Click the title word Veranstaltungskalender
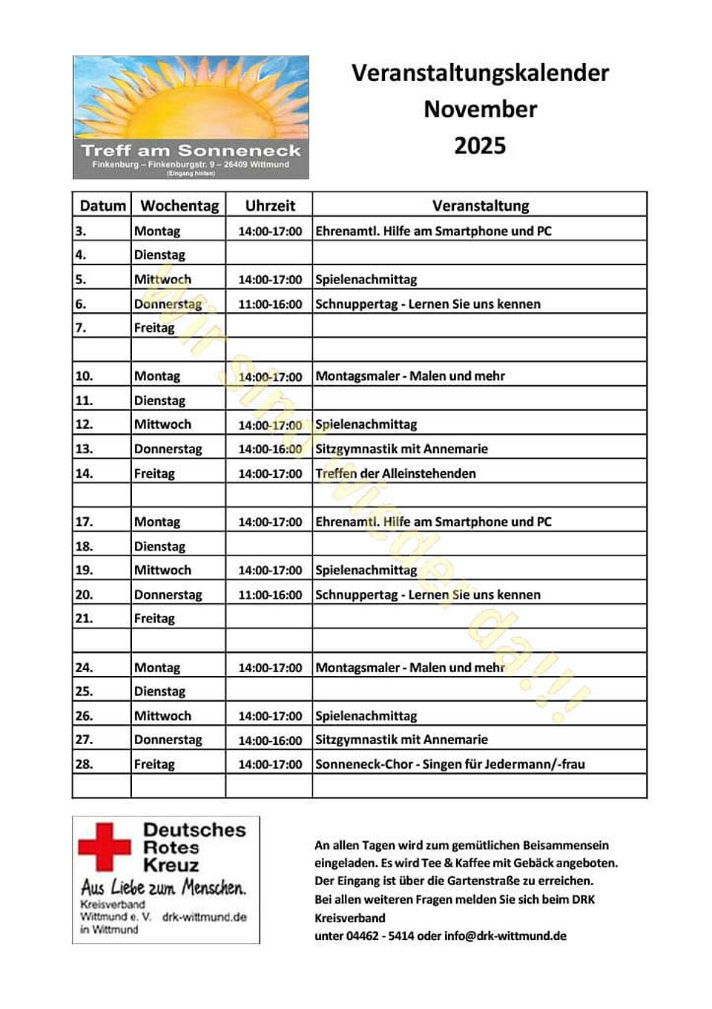click(480, 73)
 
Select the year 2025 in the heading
click(480, 145)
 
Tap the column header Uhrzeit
click(270, 206)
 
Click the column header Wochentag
click(179, 206)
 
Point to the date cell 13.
click(84, 449)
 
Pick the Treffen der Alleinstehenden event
click(395, 473)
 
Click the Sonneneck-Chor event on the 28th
click(449, 764)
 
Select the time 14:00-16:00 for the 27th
click(270, 740)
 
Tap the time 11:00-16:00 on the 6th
click(270, 304)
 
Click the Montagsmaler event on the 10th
click(410, 376)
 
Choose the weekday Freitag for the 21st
click(154, 619)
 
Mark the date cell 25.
click(84, 691)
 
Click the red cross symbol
click(105, 847)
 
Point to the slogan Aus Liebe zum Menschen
click(163, 887)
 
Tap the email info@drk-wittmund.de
click(505, 936)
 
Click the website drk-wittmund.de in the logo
click(204, 917)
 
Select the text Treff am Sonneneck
click(191, 151)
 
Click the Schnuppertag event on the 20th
click(428, 595)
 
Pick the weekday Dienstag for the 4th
click(159, 255)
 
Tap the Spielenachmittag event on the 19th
click(366, 571)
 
